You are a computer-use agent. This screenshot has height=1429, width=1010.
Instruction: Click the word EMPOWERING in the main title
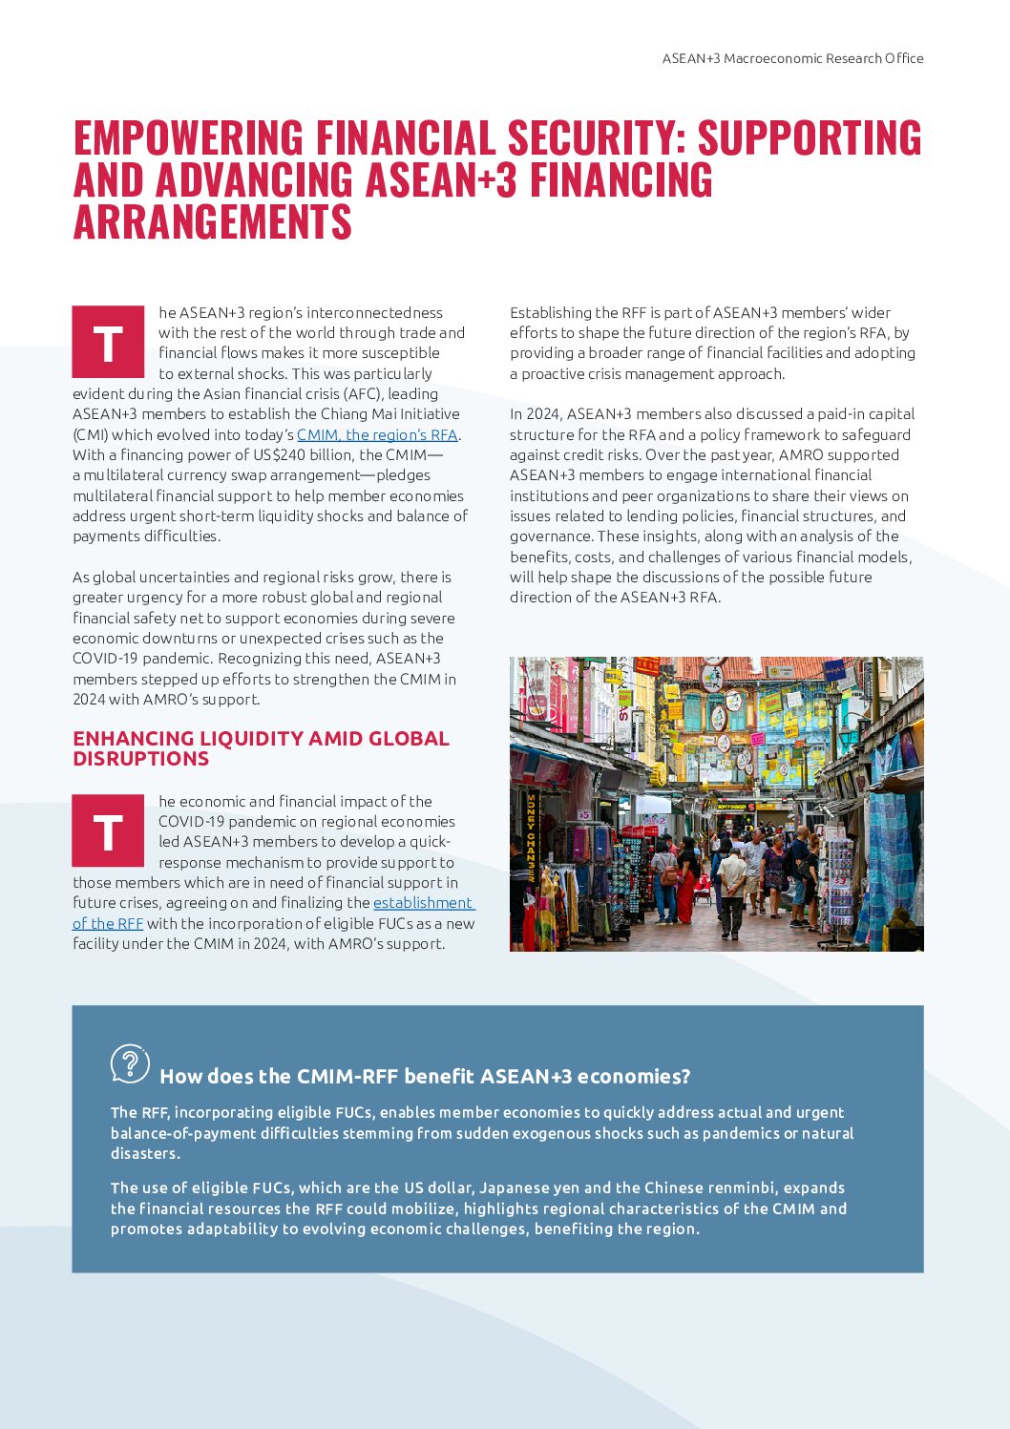coord(188,138)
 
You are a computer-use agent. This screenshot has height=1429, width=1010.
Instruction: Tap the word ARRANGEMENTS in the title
coord(213,222)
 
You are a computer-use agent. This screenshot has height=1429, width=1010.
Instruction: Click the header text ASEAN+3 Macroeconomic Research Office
coord(792,58)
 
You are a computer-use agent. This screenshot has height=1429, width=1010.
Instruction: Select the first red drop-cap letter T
coord(108,343)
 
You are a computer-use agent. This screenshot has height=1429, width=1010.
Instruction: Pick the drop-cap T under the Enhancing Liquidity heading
coord(108,831)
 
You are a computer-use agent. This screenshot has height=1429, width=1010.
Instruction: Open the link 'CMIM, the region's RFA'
coord(377,435)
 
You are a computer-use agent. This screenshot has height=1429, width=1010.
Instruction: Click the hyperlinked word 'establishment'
coord(422,903)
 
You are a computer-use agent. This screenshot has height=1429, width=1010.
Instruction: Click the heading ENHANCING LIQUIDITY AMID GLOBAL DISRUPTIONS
coord(261,748)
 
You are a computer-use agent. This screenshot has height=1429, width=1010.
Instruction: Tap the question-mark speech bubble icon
coord(130,1063)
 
